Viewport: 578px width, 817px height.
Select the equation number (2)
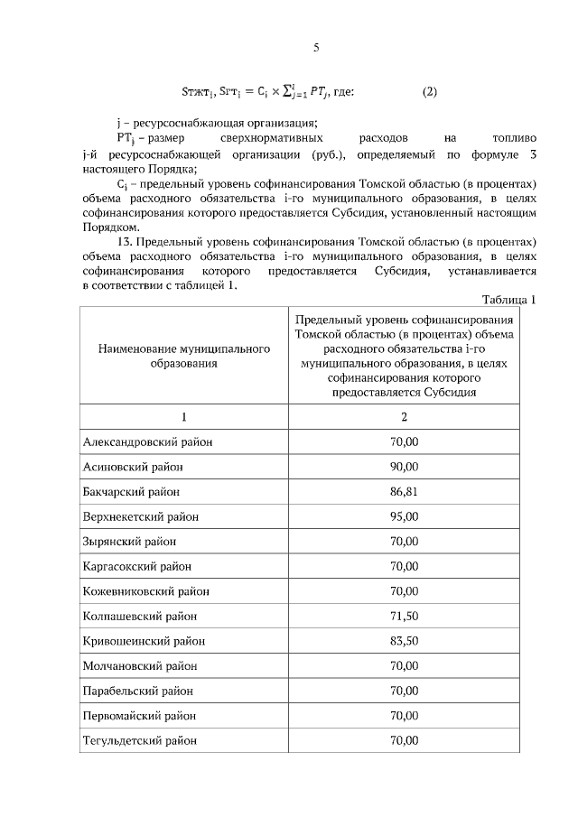(430, 91)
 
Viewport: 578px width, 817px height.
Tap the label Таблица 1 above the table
(509, 300)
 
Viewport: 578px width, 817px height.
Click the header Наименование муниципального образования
(184, 356)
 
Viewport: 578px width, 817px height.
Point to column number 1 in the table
(184, 416)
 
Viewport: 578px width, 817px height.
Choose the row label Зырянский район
(129, 542)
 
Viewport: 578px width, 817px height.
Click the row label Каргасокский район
(135, 566)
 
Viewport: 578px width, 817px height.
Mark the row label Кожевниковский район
(145, 591)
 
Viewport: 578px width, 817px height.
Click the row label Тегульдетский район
(140, 741)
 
